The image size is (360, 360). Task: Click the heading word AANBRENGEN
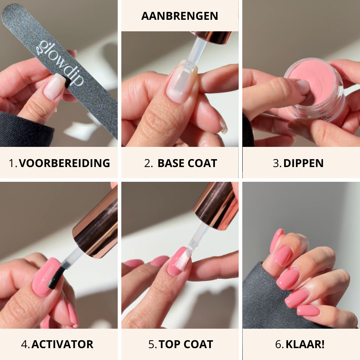tap(180, 16)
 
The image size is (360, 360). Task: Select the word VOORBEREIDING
tap(64, 163)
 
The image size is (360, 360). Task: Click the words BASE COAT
tap(187, 163)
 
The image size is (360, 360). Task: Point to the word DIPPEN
tap(303, 163)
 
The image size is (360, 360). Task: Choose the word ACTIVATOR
tap(62, 344)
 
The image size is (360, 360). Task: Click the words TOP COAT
tap(186, 344)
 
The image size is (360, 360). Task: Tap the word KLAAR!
tap(305, 344)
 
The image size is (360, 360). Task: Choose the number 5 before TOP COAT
tap(152, 344)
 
